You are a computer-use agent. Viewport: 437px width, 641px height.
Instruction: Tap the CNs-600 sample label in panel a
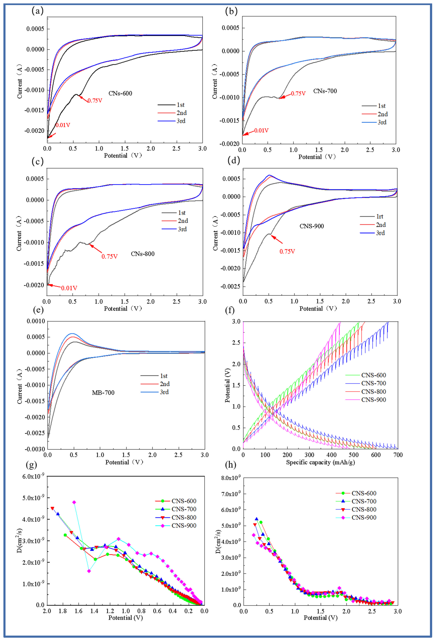click(x=120, y=93)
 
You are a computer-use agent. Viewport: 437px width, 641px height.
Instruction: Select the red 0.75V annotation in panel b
click(x=298, y=94)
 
